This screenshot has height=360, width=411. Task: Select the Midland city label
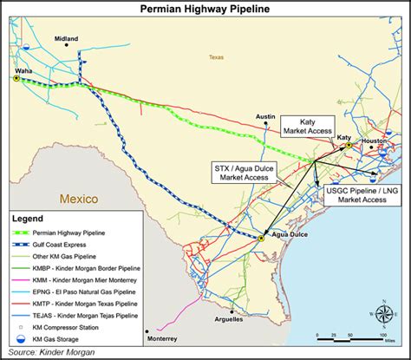pos(66,39)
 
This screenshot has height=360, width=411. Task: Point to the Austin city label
pos(264,115)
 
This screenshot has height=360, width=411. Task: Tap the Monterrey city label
pos(161,338)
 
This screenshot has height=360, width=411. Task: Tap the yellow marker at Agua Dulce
pos(261,237)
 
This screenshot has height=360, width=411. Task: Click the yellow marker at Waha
pos(16,78)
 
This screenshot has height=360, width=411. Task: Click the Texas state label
pos(216,59)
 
